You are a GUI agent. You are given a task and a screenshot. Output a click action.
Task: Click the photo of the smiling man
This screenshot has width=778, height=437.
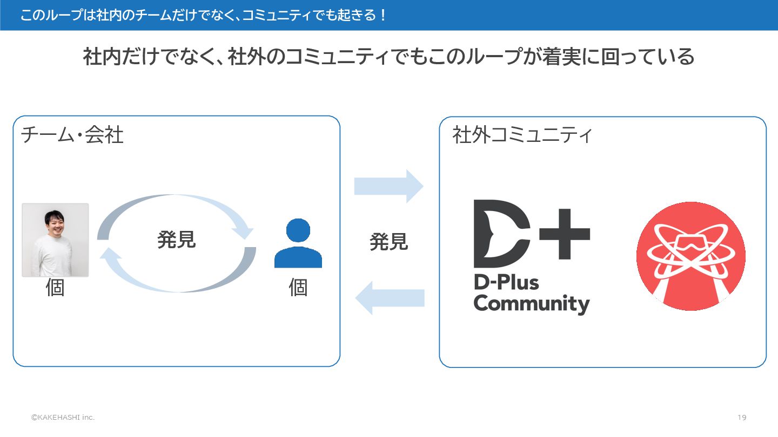(55, 240)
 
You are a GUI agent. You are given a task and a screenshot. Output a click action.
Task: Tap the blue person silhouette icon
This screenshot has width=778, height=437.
(298, 243)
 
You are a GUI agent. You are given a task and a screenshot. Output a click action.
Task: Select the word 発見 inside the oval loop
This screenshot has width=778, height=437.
(176, 240)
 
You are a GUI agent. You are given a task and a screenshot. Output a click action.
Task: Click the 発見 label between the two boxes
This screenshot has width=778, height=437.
(388, 242)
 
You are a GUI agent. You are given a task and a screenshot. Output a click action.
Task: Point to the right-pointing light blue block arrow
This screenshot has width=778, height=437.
(388, 186)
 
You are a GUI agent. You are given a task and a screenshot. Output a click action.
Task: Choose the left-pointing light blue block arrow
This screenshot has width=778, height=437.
(388, 298)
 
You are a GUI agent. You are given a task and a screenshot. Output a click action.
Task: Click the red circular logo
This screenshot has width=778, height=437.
(690, 256)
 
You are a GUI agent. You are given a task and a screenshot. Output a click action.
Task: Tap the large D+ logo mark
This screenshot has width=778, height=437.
(531, 234)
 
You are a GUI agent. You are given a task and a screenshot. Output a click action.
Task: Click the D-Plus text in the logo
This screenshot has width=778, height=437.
(506, 282)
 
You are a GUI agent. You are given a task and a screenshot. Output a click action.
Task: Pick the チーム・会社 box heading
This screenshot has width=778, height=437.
(72, 135)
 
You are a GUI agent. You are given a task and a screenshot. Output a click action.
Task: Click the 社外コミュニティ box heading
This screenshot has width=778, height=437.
(522, 135)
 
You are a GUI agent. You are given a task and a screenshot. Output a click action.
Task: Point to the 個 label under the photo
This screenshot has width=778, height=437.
(55, 288)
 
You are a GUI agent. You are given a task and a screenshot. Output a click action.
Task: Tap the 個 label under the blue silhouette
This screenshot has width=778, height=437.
(298, 288)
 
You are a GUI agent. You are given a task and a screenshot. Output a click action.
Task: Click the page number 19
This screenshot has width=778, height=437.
(742, 418)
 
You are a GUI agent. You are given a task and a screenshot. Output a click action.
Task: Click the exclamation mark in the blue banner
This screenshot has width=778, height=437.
(383, 15)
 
